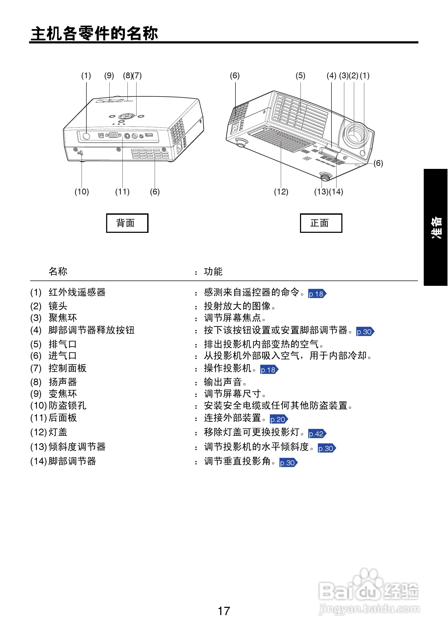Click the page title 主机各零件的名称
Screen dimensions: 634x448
point(94,33)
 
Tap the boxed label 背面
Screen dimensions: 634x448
point(127,223)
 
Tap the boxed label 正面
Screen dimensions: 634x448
point(321,223)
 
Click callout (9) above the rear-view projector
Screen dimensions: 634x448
point(109,76)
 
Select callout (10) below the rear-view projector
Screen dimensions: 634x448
point(82,192)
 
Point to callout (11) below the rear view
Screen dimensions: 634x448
point(122,192)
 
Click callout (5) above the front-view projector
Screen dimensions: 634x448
point(301,76)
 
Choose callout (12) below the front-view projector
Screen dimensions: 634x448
point(281,192)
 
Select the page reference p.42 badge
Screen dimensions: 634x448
point(317,434)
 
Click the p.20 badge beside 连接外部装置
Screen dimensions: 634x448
point(279,420)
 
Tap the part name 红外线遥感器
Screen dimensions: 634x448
point(77,292)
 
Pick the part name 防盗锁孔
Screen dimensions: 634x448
point(67,405)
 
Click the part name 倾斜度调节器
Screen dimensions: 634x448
point(77,447)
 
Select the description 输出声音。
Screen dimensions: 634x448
point(225,382)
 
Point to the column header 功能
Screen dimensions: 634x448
point(213,271)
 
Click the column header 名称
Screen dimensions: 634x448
point(58,271)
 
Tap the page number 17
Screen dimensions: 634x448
point(224,611)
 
